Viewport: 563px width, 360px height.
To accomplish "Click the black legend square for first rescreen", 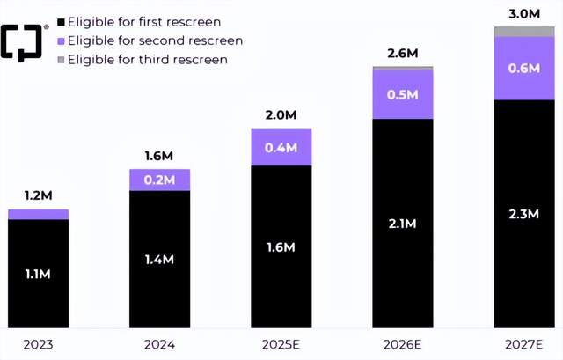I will tap(60, 21).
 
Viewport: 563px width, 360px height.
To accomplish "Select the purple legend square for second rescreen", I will tap(60, 40).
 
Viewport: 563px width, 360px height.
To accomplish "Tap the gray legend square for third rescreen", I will tap(60, 60).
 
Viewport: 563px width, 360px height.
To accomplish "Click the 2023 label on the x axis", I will tap(38, 344).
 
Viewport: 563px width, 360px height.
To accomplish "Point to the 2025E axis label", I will tap(281, 344).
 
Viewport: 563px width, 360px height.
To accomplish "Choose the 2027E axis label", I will tap(524, 344).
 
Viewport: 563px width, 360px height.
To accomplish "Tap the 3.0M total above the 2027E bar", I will tap(524, 13).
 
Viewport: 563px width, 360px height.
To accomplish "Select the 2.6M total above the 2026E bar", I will tap(402, 54).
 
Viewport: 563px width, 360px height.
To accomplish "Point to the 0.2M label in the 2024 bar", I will tap(160, 180).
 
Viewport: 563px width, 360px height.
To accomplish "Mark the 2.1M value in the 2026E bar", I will tap(403, 224).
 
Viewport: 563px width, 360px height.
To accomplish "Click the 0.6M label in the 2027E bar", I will tap(524, 68).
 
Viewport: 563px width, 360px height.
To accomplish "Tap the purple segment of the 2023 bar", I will tap(38, 214).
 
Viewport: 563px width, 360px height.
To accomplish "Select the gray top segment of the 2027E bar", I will tap(524, 31).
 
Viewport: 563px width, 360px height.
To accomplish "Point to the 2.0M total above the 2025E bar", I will tap(281, 115).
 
